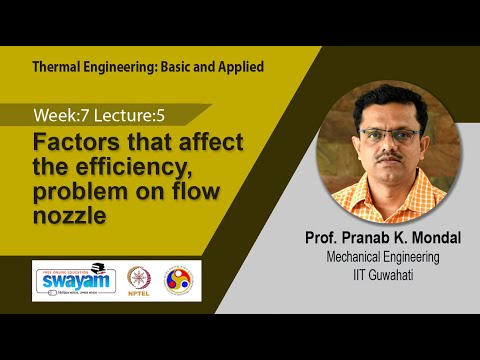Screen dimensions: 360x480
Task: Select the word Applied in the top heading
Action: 237,67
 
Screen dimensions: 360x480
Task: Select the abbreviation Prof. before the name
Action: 319,239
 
